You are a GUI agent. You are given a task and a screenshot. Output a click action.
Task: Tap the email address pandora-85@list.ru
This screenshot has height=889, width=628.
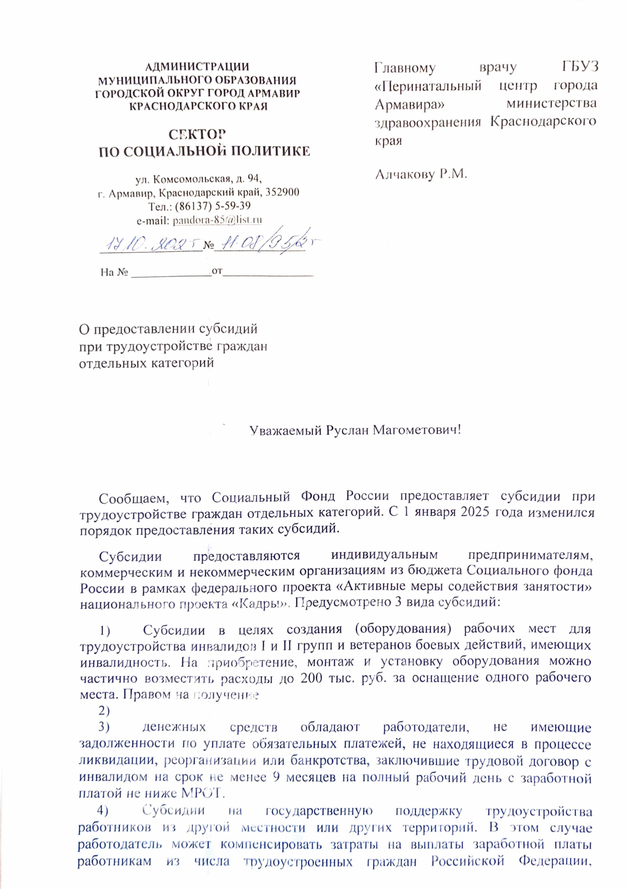click(x=217, y=220)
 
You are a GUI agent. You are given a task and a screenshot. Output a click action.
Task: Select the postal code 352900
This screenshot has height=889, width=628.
click(x=282, y=192)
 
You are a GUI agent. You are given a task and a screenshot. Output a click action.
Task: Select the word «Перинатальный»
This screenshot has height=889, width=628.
click(x=428, y=86)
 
